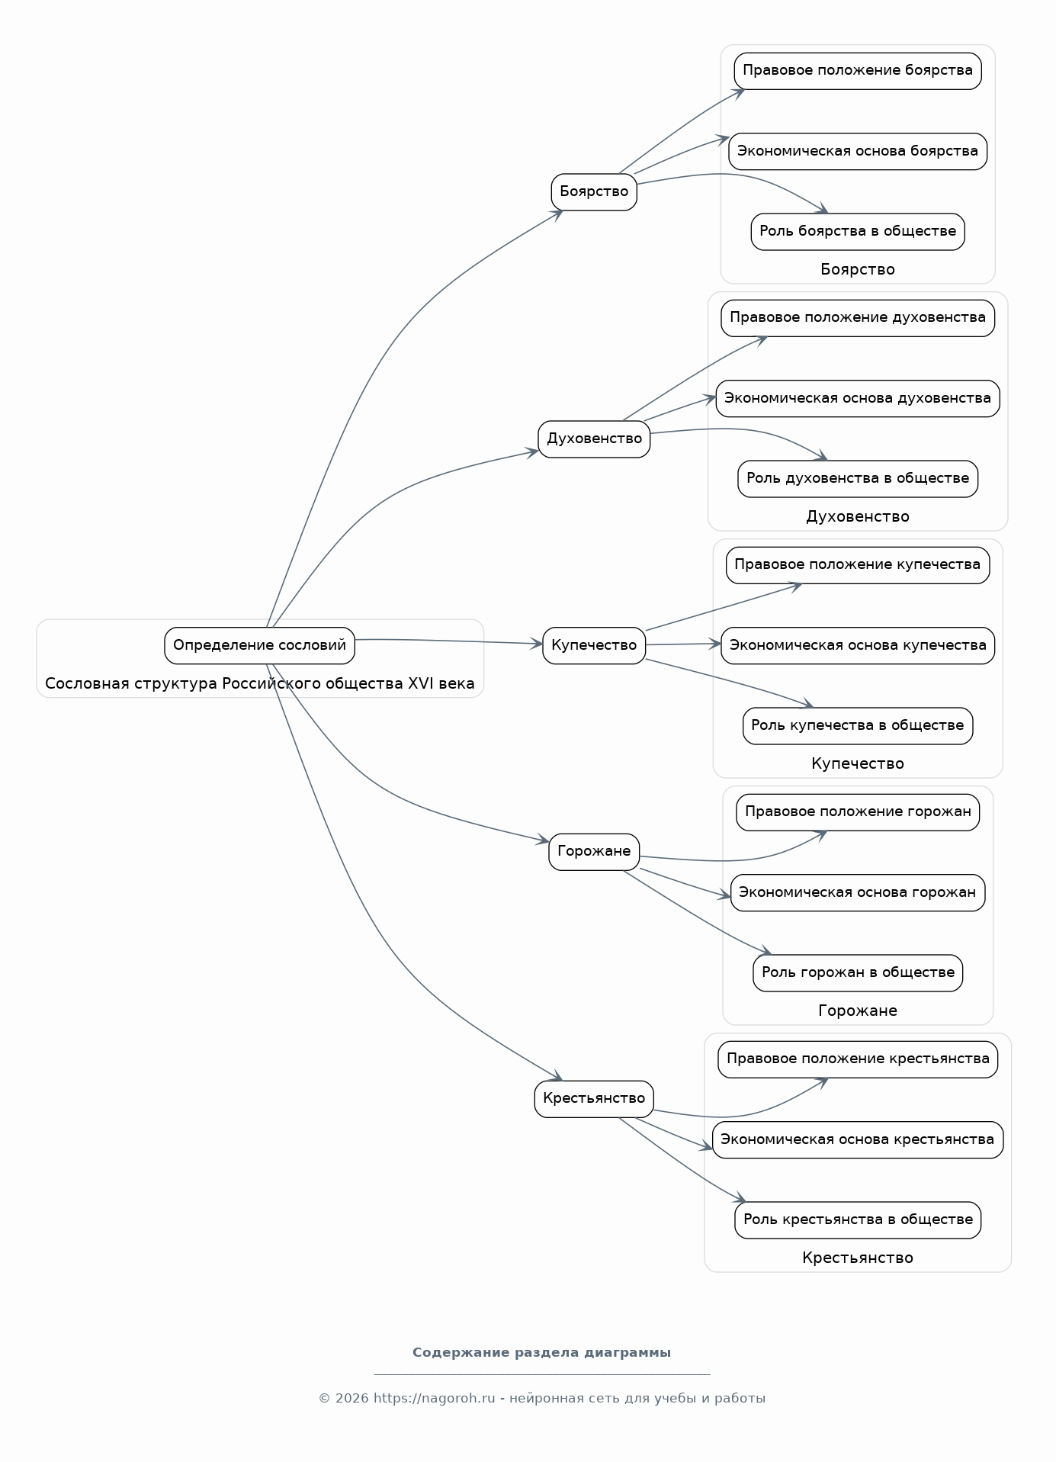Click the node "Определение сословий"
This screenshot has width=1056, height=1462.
click(x=259, y=645)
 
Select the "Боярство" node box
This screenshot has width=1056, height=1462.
click(x=594, y=191)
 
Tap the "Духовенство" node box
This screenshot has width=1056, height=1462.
click(x=594, y=439)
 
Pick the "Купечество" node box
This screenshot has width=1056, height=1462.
click(x=594, y=645)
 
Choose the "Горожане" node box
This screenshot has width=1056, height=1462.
click(x=594, y=851)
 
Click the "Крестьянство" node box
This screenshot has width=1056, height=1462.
click(x=594, y=1098)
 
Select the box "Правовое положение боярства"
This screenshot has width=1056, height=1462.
click(x=858, y=71)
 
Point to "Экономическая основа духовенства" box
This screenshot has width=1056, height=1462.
click(x=858, y=398)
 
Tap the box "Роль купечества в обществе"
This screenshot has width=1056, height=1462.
click(x=858, y=725)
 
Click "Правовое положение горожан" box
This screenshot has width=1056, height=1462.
click(x=858, y=811)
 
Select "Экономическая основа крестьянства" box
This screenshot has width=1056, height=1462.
click(x=858, y=1139)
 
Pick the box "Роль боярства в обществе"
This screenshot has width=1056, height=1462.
click(x=858, y=231)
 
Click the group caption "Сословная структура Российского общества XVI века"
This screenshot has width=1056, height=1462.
click(x=260, y=683)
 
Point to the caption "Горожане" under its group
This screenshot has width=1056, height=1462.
click(x=858, y=1011)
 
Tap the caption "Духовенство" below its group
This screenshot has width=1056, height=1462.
click(x=858, y=516)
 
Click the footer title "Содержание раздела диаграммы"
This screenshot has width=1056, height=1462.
click(x=542, y=1352)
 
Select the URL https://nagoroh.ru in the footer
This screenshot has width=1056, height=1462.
click(x=435, y=1398)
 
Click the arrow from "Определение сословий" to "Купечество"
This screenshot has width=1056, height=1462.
click(x=448, y=641)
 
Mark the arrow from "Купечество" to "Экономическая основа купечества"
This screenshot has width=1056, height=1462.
click(x=683, y=644)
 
